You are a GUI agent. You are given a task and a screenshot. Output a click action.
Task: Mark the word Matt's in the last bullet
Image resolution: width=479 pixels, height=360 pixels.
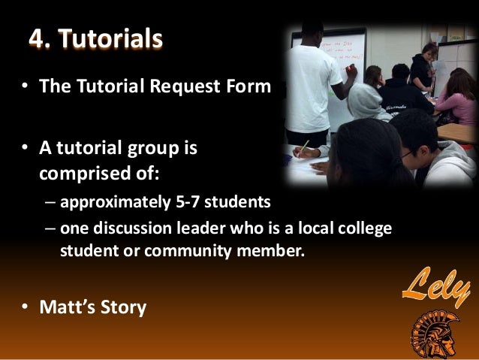tap(71, 307)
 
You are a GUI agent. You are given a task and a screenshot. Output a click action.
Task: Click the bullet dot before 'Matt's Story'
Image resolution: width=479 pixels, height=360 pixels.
tap(25, 307)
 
